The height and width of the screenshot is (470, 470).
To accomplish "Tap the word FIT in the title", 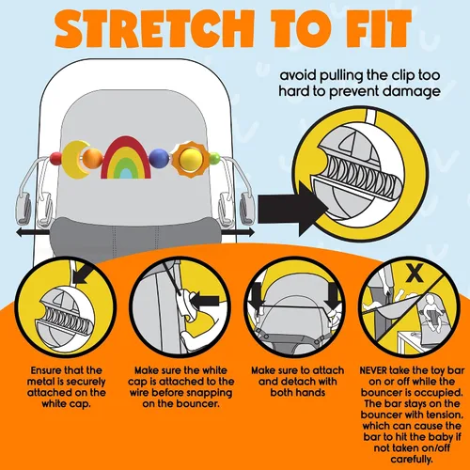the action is coord(379,28).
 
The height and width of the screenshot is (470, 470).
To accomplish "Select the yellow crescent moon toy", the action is coord(74,159).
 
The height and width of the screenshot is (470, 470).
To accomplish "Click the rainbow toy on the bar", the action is coord(126,158).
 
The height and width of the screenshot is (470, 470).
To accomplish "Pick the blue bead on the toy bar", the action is coord(159,158).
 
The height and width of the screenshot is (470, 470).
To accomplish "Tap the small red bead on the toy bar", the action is coord(55,159).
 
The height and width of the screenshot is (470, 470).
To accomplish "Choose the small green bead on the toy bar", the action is coord(214,158).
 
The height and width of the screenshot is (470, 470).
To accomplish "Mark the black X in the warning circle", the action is coord(415,273).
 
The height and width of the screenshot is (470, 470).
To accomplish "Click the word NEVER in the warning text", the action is coord(373,370).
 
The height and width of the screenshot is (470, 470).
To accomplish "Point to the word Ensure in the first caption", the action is coord(47,370).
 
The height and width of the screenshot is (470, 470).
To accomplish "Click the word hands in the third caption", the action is coord(310,393).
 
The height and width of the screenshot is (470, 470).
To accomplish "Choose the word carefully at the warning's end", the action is coord(412,460).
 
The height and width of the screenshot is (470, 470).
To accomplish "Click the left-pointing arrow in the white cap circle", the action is coord(205,302).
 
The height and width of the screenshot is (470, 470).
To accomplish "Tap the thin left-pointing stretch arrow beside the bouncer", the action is coord(33,232).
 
